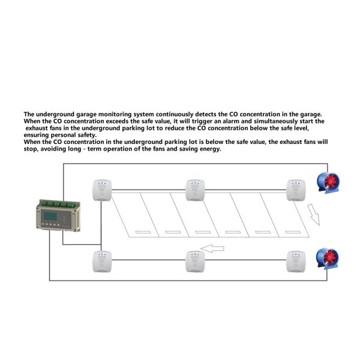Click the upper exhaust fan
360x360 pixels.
click(328, 183)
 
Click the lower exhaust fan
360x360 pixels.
click(328, 259)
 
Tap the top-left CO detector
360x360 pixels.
click(102, 190)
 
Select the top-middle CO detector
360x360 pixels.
click(195, 190)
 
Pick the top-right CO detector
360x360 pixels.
click(296, 190)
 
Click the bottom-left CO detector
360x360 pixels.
click(102, 262)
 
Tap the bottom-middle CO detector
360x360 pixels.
click(195, 262)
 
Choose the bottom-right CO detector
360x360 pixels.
click(296, 262)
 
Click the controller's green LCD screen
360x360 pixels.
click(50, 216)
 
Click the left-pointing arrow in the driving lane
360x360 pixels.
click(212, 248)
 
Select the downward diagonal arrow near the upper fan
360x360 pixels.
click(314, 214)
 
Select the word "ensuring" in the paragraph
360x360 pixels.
click(36, 135)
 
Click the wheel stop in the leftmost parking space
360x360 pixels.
click(143, 232)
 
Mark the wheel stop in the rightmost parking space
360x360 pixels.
click(293, 232)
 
